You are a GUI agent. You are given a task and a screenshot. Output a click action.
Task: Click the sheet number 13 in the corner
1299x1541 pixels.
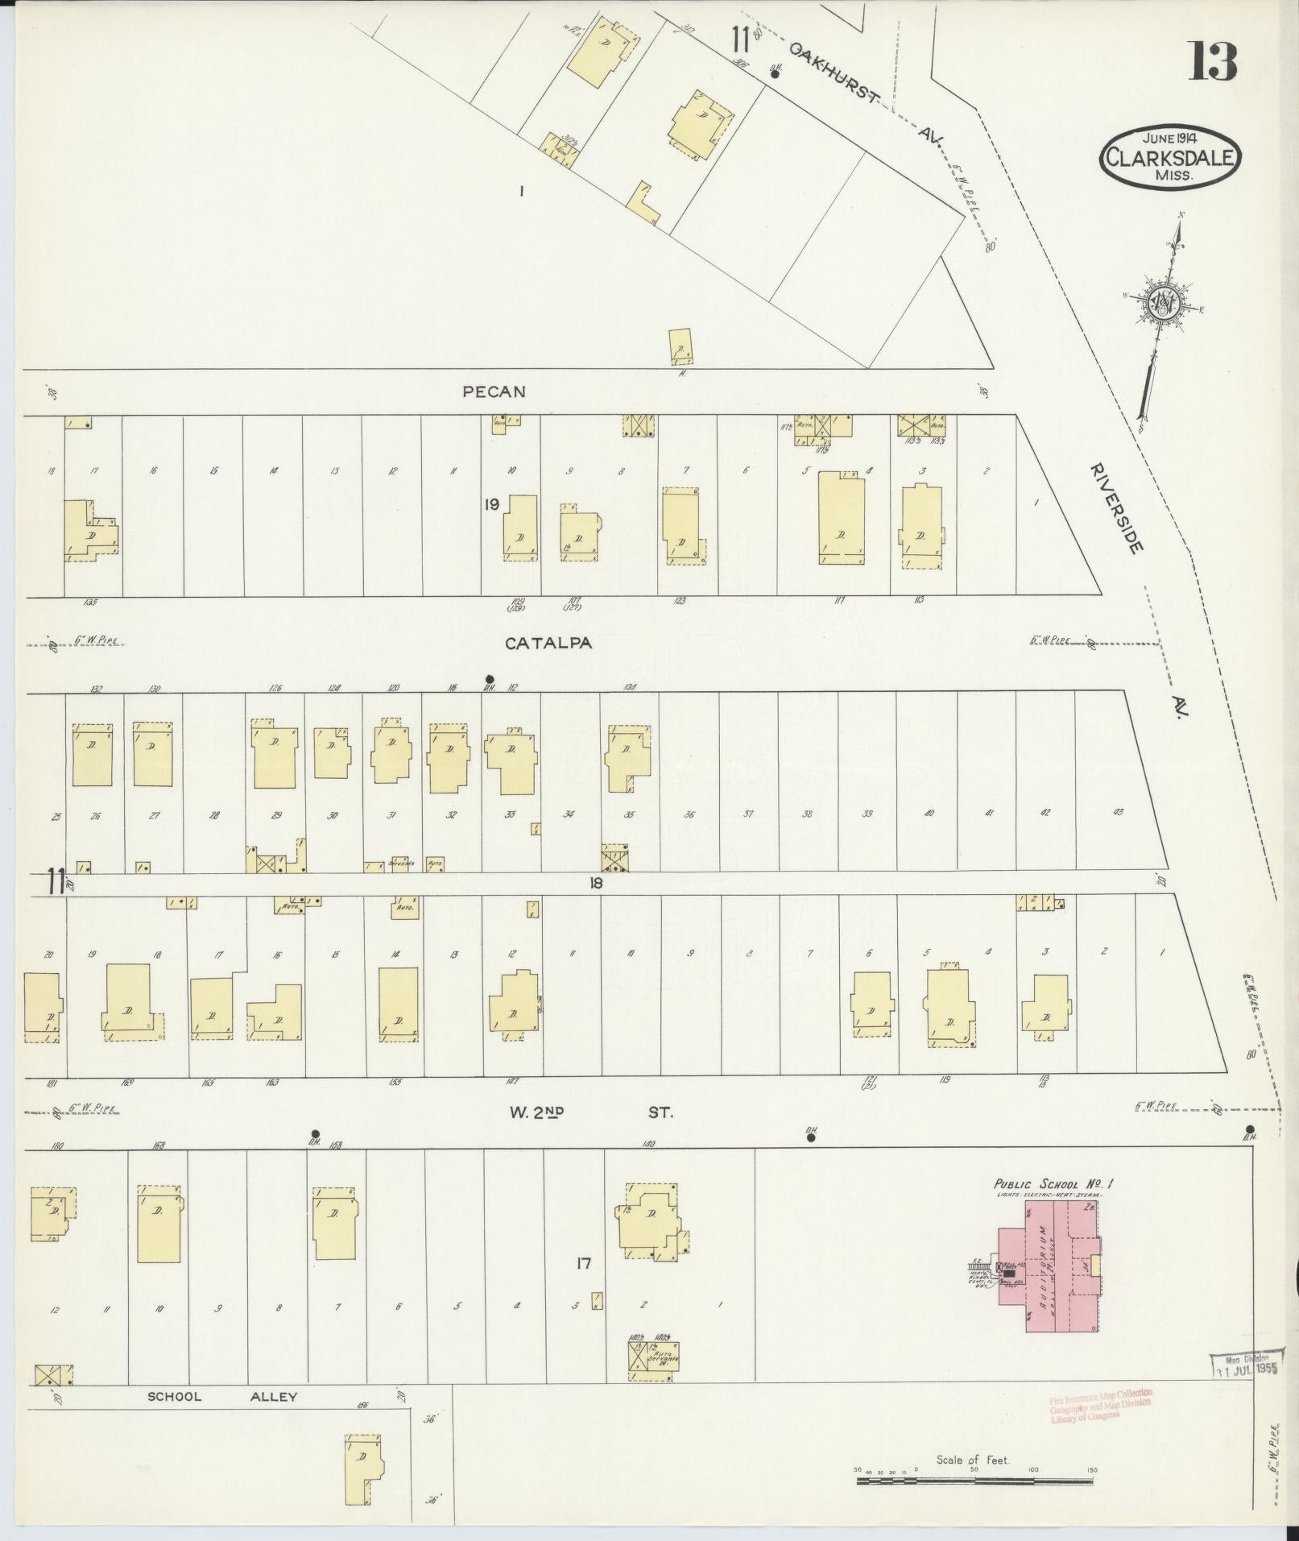point(1213,61)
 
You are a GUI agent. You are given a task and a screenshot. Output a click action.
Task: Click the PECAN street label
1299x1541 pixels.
point(494,391)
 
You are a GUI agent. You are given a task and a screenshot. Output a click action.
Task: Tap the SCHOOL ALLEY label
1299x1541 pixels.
point(222,1397)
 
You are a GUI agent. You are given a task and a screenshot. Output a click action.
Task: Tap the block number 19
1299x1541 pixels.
point(491,504)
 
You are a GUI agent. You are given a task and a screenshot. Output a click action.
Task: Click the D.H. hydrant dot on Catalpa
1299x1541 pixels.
point(490,678)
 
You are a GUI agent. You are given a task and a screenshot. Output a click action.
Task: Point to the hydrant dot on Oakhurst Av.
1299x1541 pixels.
point(775,73)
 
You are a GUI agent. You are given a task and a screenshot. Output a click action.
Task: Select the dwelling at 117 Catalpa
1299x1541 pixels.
point(842,518)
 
